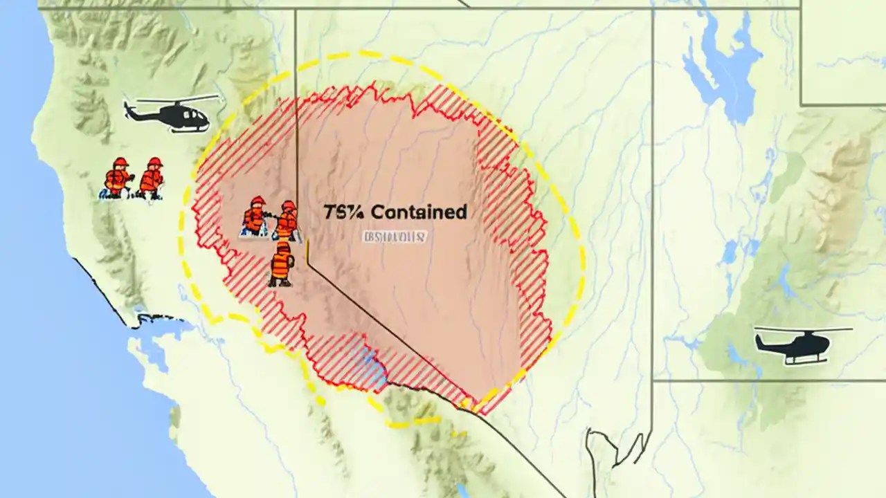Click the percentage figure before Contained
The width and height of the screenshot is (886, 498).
(x=344, y=212)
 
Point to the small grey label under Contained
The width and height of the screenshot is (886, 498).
(x=395, y=237)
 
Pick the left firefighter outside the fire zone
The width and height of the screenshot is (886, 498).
(x=118, y=178)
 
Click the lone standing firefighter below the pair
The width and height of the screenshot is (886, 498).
(x=281, y=264)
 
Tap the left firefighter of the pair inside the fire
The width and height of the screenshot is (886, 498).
(x=255, y=216)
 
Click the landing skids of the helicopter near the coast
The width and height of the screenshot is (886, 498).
(x=183, y=129)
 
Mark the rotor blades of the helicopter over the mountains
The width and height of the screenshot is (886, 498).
(x=803, y=329)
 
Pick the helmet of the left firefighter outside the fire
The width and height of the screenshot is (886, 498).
(x=120, y=163)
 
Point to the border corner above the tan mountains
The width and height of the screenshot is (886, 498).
(x=802, y=105)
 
